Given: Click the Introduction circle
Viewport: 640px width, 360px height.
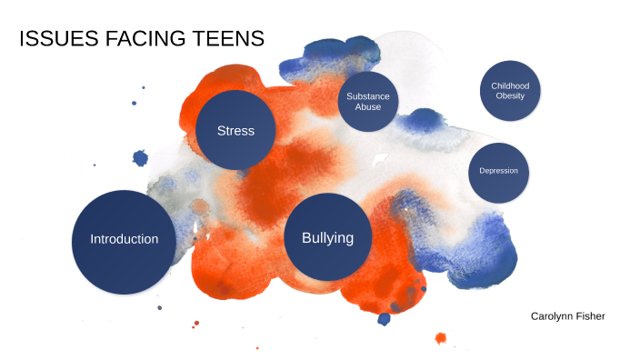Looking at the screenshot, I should click(x=124, y=239).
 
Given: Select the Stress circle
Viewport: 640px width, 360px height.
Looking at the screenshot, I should click(x=235, y=130).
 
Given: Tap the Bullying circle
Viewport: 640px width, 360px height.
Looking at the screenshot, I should click(x=327, y=237).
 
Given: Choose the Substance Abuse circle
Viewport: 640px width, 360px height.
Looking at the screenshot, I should click(x=368, y=101).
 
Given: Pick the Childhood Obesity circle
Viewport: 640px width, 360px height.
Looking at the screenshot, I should click(x=510, y=90).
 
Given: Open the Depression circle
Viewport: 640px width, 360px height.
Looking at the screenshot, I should click(x=499, y=171).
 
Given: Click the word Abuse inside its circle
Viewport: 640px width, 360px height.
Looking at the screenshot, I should click(x=368, y=107).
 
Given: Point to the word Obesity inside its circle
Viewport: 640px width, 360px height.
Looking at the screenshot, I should click(x=510, y=95).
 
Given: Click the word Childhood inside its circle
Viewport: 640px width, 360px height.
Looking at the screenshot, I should click(x=510, y=85).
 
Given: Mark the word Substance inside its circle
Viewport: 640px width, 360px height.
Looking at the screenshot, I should click(x=368, y=95).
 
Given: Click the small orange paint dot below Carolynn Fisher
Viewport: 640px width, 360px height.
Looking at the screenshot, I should click(x=441, y=338).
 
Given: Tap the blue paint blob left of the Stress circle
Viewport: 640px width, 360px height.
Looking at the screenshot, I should click(x=140, y=158).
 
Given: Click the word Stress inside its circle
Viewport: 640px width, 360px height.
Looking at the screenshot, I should click(x=235, y=130).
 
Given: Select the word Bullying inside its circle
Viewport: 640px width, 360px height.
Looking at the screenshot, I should click(x=327, y=238).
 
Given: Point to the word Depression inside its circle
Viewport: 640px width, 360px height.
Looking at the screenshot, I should click(x=499, y=171).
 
